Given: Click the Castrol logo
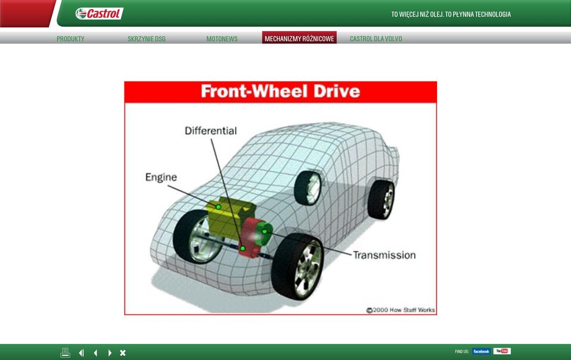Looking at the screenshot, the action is coord(99,14).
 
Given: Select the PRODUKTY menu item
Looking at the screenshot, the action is coord(70,39).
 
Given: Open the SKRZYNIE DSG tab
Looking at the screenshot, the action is coord(146,39).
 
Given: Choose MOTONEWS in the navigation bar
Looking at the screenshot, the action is coord(221,39).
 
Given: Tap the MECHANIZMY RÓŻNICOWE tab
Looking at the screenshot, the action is coord(299,38).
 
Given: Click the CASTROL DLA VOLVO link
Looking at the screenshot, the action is coord(376,39).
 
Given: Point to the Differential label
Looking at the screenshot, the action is coord(211,131).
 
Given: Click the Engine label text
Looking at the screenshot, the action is coord(161,177).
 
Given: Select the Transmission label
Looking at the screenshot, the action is coord(384,255).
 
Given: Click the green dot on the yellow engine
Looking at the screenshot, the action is coord(218,206).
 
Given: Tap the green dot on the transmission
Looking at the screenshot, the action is coord(264,231).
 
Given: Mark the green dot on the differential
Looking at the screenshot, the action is coord(242,248).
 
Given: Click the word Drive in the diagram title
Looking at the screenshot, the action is coord(336,91).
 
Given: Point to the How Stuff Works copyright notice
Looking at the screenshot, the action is coord(401,310).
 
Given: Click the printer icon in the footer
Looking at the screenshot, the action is coord(65,352).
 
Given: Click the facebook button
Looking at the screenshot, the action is coord(481,351).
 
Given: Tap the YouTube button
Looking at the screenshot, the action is coord(502,351).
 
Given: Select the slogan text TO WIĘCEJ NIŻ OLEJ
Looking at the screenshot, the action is coord(417,14).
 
